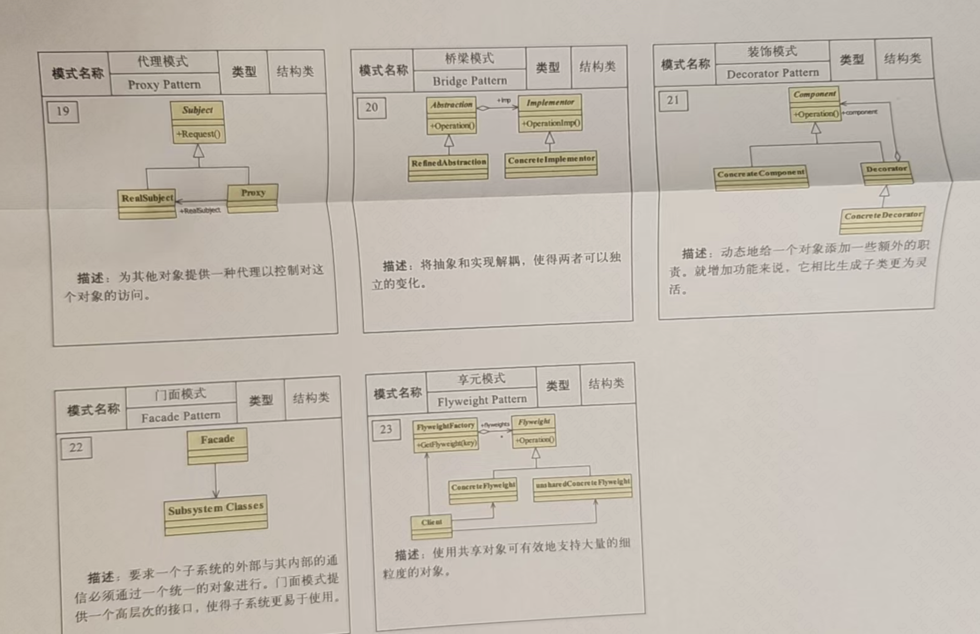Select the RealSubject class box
click(147, 204)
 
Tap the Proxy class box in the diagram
click(253, 198)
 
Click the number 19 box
click(63, 111)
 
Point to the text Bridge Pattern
click(470, 81)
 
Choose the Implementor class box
click(550, 113)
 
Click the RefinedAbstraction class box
click(448, 167)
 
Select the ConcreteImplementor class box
click(551, 165)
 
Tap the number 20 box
click(372, 108)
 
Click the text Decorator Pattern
click(773, 73)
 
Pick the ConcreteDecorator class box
click(882, 220)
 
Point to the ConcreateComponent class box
click(761, 178)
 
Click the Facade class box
click(218, 446)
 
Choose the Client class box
click(432, 527)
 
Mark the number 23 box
click(386, 430)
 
